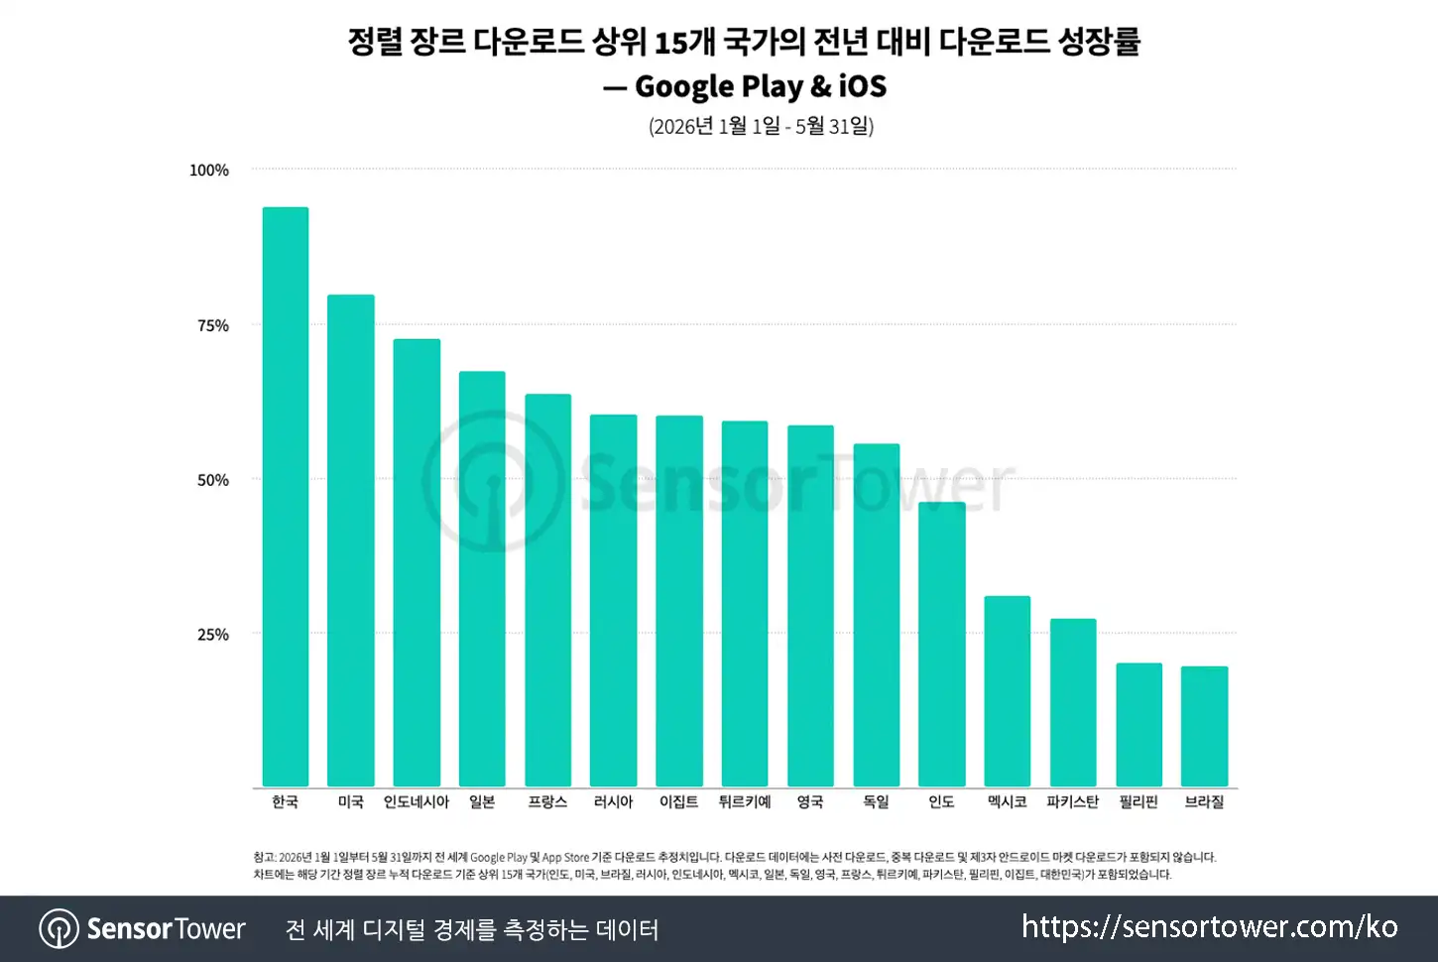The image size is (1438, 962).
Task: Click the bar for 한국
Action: tap(285, 497)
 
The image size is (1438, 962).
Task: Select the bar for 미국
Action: tap(350, 541)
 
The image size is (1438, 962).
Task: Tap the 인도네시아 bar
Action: tap(417, 562)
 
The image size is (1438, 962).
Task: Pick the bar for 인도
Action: tap(942, 644)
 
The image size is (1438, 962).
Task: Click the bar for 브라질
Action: tap(1204, 726)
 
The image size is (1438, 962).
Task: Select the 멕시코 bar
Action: tap(1008, 691)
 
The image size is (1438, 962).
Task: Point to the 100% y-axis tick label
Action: tap(208, 171)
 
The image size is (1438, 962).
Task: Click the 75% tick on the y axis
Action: tap(212, 325)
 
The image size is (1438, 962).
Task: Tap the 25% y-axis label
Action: tap(212, 635)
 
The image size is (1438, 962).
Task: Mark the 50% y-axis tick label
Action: tap(212, 480)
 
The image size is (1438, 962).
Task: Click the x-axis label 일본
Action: tap(482, 801)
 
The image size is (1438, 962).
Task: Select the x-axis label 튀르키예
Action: tap(745, 801)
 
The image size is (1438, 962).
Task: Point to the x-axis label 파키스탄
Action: tap(1073, 801)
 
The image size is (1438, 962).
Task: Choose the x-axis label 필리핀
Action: tap(1138, 801)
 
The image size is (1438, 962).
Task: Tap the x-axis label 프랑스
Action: tap(547, 801)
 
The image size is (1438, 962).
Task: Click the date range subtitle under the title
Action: tap(761, 126)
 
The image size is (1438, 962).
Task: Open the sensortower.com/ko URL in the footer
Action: tap(1210, 927)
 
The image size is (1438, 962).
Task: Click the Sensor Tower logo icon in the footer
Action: tap(60, 928)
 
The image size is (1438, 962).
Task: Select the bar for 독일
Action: tap(877, 615)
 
